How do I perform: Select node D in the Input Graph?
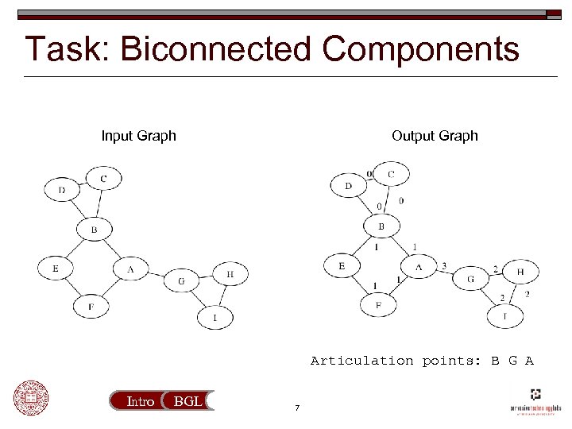tap(62, 190)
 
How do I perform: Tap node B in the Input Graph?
tap(94, 230)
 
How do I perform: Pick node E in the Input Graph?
tap(56, 269)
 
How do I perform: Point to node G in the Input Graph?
tap(181, 280)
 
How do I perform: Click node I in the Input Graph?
tap(214, 319)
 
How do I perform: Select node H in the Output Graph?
tap(520, 272)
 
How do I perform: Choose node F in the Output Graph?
tap(379, 304)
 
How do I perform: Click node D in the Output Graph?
tap(348, 187)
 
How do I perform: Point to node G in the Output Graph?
tap(470, 279)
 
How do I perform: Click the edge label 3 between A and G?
tap(443, 266)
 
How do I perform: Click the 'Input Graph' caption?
tap(138, 136)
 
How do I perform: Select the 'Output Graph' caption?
tap(435, 136)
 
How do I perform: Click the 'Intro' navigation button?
tap(141, 402)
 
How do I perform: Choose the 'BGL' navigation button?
tap(187, 402)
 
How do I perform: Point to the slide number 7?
tap(296, 409)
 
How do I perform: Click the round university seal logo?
tap(30, 398)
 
